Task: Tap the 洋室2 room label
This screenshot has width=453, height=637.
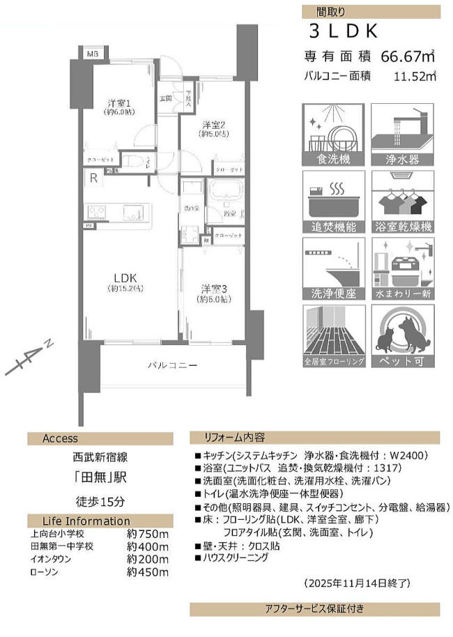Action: click(x=213, y=125)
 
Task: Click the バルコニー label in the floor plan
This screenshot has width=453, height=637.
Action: click(x=172, y=365)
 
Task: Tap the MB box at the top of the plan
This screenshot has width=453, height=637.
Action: click(x=92, y=54)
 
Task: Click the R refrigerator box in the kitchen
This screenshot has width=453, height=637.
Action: click(x=93, y=178)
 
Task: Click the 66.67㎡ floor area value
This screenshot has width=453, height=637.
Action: click(x=407, y=56)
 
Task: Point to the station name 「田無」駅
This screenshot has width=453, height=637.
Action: click(x=100, y=479)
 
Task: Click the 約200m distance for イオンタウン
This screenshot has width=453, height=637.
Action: click(x=148, y=559)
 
